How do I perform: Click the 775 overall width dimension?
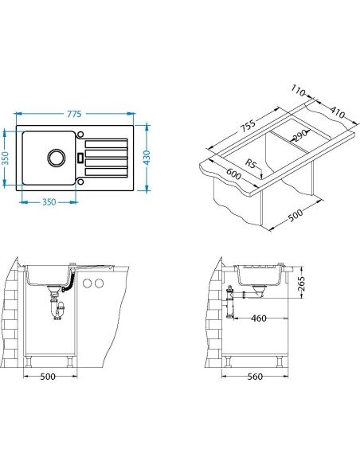click(x=74, y=114)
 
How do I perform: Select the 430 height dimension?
click(x=147, y=158)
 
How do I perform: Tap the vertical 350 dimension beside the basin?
click(x=5, y=158)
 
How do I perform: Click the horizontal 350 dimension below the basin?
click(x=49, y=202)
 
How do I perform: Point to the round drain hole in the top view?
click(x=56, y=158)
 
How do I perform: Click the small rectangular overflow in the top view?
click(x=80, y=158)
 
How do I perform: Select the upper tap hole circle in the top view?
click(x=80, y=135)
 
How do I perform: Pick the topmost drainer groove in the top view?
click(x=106, y=144)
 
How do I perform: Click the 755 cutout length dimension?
click(x=248, y=126)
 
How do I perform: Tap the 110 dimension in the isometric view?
click(x=298, y=91)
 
